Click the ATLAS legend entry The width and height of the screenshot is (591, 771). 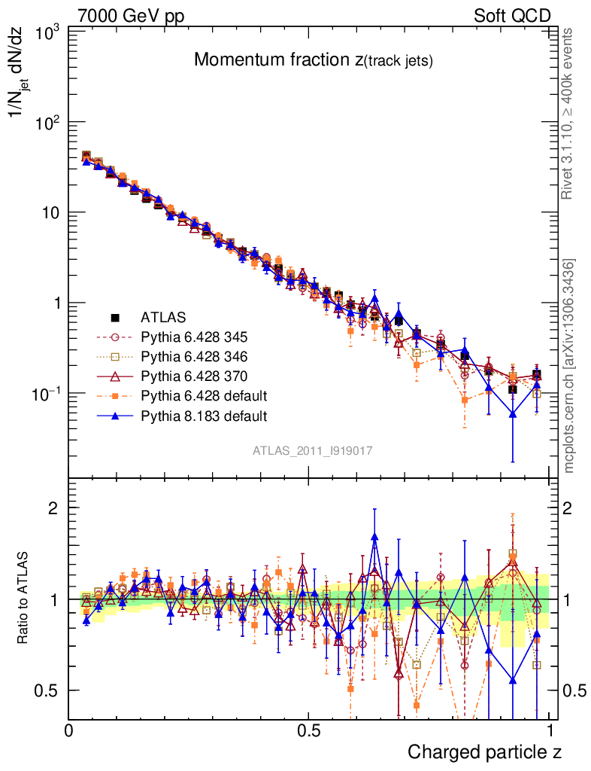pos(162,317)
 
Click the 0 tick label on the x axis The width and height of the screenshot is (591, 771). pos(69,730)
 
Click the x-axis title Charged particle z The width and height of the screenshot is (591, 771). pos(484,751)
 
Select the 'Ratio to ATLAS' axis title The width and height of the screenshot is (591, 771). pos(25,599)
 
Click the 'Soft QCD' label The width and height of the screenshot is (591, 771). pos(512,16)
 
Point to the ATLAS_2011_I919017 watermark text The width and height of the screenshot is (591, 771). pos(313,450)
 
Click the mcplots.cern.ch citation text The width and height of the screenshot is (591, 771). pos(570,366)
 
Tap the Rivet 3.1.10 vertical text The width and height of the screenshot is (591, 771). pos(568,114)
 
